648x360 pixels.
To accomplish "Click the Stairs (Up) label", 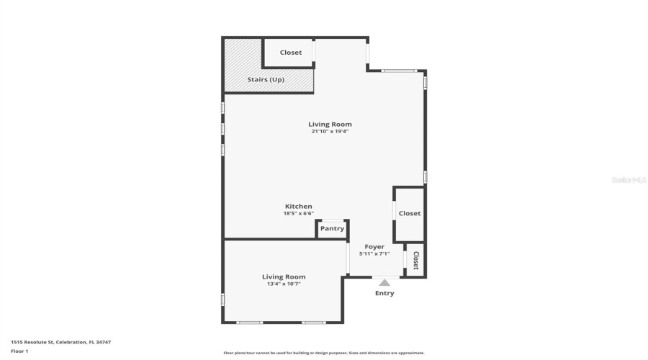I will point(266,79).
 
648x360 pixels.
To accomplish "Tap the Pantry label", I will point(333,229).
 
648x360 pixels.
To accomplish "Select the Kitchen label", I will point(298,207).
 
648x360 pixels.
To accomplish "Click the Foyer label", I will point(374,247).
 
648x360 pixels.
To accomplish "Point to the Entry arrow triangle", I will point(384,283).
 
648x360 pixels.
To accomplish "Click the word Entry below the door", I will point(384,293).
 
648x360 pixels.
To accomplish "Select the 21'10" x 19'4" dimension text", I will point(330,131).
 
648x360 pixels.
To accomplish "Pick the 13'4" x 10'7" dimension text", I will point(284,284).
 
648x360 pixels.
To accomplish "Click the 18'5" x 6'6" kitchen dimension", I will point(298,213).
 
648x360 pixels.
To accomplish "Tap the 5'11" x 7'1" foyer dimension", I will point(374,253).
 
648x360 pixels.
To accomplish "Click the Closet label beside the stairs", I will point(291,53).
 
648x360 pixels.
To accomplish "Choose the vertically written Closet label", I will point(415,259).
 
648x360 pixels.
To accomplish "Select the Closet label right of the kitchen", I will point(410,213).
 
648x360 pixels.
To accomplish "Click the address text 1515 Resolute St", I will point(60,342).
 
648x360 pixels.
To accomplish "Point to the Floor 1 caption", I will point(19,351).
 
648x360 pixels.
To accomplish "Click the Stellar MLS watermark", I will point(629,180).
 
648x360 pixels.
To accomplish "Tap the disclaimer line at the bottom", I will point(324,353).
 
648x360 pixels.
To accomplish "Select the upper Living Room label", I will point(330,124).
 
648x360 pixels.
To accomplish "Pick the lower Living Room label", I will point(284,276).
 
